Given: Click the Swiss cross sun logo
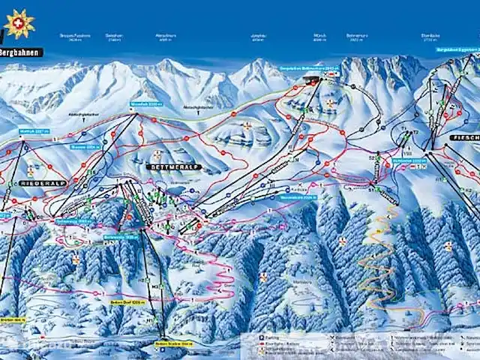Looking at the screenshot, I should tap(19, 24).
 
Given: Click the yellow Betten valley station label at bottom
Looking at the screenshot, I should tap(173, 344).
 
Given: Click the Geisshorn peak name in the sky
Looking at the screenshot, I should tap(113, 34).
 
